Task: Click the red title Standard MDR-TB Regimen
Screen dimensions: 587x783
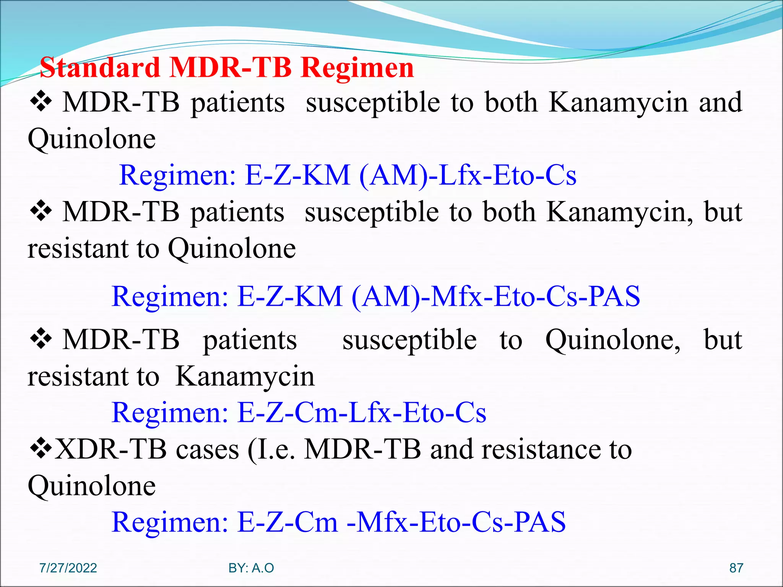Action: (227, 68)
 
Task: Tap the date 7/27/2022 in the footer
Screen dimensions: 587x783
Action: (68, 568)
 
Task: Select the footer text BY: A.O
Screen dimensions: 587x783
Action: (251, 568)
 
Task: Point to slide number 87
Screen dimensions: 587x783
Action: (736, 568)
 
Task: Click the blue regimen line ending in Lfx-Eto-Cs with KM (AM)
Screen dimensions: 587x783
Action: (348, 175)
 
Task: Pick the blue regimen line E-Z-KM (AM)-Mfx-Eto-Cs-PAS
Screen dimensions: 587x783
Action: (375, 296)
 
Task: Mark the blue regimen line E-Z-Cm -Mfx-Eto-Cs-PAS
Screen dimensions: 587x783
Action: (338, 522)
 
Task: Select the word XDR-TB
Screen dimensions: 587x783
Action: (111, 449)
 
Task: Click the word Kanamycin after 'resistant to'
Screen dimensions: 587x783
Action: (245, 376)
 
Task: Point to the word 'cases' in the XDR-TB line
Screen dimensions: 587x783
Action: (207, 449)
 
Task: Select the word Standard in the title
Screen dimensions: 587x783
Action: (100, 68)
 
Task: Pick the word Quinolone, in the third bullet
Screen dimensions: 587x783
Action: (612, 340)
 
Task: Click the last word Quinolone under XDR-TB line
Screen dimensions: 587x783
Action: (92, 486)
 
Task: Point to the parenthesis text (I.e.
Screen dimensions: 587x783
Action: (271, 449)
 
